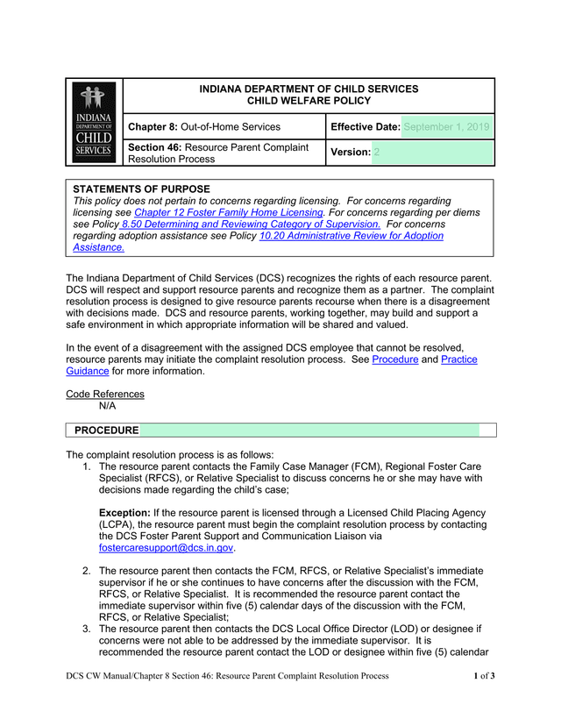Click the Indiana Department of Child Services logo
pos(94,122)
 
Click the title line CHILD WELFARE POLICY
pos(309,101)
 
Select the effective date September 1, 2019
pos(446,127)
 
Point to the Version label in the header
pos(350,152)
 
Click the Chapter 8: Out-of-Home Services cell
pos(204,127)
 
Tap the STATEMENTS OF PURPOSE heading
pos(141,189)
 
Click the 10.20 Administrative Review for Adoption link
pos(352,236)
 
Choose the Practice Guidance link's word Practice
pos(458,359)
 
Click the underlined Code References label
pos(105,395)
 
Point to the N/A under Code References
pos(107,406)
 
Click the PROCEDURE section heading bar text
pos(106,431)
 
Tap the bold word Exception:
pos(124,512)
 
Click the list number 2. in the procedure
pos(88,571)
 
